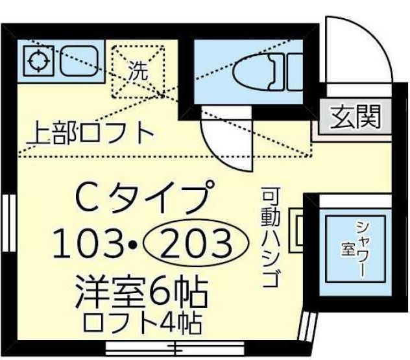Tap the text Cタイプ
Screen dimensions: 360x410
tap(145, 195)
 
